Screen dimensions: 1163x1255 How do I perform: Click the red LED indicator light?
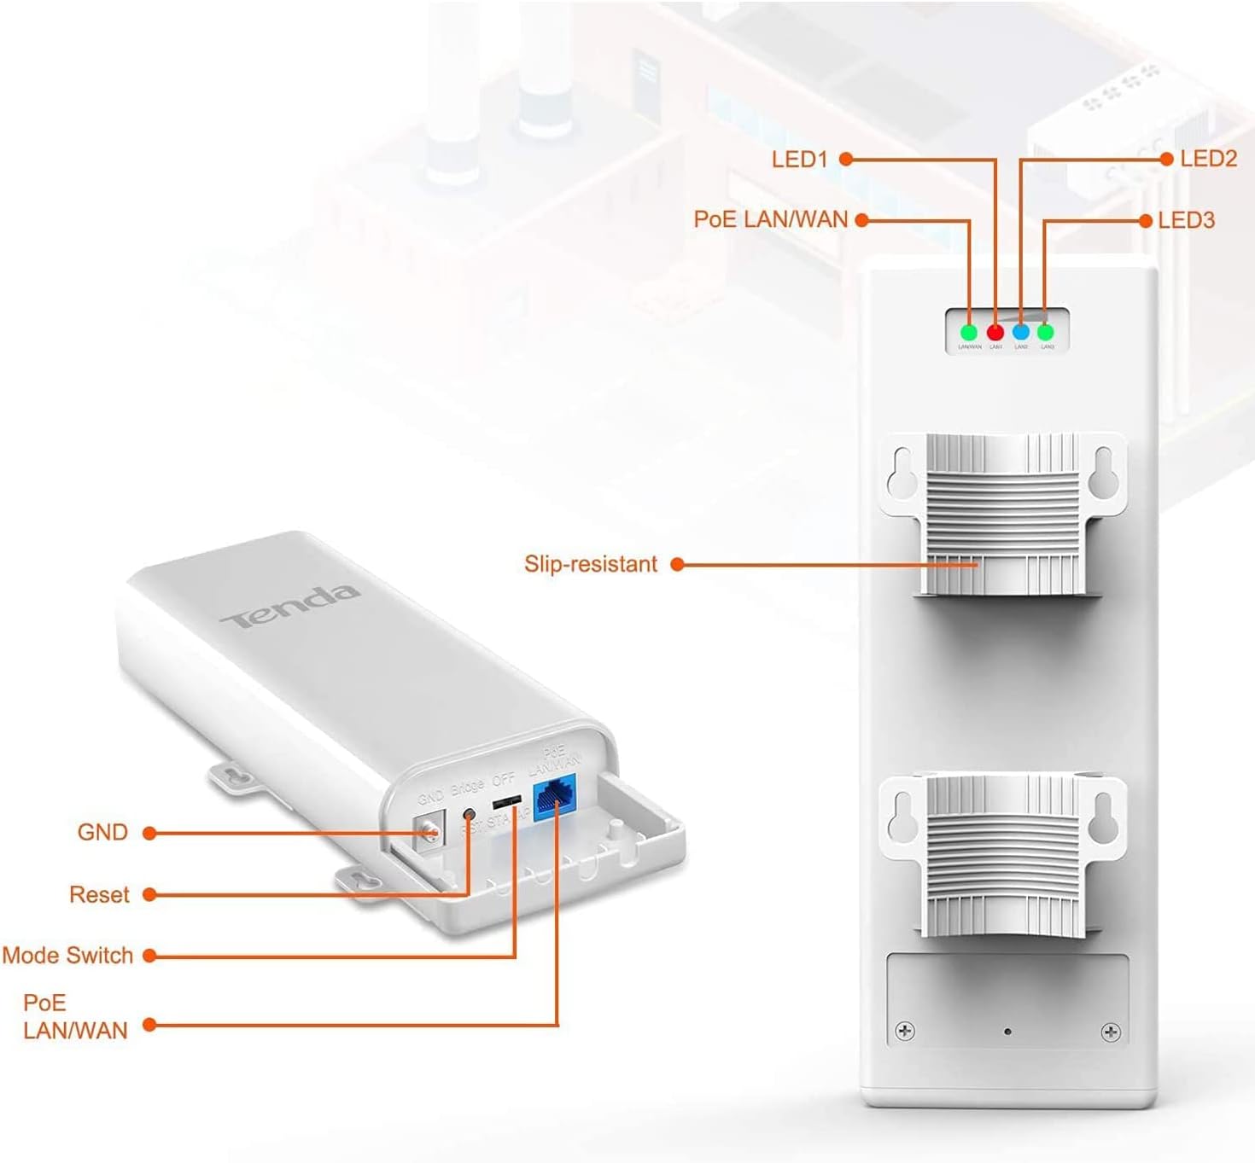click(995, 332)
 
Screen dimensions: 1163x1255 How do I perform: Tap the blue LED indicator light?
click(1020, 332)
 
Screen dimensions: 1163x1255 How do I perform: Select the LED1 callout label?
click(799, 159)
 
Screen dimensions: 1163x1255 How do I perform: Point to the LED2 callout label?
click(1208, 159)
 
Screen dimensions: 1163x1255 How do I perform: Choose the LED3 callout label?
click(1186, 220)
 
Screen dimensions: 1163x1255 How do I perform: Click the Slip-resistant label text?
click(591, 564)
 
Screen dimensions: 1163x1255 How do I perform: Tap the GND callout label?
click(102, 832)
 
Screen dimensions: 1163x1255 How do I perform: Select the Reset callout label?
click(99, 894)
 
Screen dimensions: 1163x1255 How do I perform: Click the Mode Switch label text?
click(67, 955)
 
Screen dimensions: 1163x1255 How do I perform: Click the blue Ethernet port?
click(555, 798)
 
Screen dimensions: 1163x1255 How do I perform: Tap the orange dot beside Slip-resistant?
click(678, 564)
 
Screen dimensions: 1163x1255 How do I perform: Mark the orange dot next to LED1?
click(846, 159)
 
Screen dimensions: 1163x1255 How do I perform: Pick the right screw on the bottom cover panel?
click(1111, 1032)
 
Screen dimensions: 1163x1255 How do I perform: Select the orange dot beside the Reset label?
click(149, 894)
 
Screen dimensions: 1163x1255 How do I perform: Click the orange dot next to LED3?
click(1147, 220)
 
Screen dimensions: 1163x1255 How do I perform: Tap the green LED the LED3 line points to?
click(1046, 332)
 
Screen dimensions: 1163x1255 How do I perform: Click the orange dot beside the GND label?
click(149, 832)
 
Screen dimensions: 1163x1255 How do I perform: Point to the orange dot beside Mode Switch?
click(149, 956)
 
